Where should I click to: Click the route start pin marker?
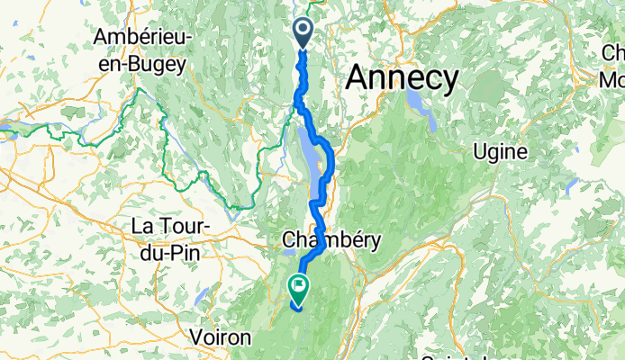tap(302, 33)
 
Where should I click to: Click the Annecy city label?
tap(402, 78)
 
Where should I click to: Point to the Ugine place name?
tap(501, 152)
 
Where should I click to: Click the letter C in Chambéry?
tap(288, 240)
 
